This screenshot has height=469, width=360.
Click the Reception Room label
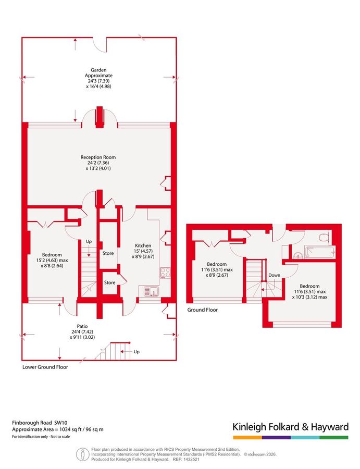(98, 157)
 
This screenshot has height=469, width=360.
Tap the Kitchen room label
(143, 245)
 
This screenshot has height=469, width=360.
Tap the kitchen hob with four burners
(166, 271)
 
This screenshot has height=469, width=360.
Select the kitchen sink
(147, 290)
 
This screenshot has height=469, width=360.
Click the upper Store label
(108, 254)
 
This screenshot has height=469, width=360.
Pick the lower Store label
(109, 282)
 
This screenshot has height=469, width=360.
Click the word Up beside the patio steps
(136, 352)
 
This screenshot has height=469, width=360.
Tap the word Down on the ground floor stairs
(274, 275)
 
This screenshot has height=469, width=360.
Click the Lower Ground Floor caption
(45, 367)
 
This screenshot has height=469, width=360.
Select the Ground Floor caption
(202, 310)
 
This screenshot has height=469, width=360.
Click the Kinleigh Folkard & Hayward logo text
(290, 427)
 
